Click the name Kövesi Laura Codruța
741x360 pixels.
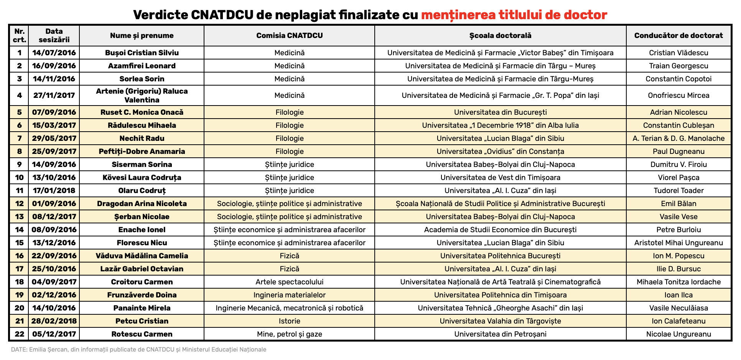coord(142,177)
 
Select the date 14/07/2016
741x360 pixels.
coord(54,53)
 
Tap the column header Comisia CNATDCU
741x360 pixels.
coord(289,36)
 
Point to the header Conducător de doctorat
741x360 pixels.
coord(678,36)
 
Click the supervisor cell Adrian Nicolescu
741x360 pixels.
coord(678,112)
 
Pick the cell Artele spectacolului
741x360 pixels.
coord(289,282)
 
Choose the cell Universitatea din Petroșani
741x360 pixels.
coord(500,334)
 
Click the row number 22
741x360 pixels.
coord(19,334)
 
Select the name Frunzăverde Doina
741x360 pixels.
coord(142,295)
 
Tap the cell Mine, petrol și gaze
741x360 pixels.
coord(289,334)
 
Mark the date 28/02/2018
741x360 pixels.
coord(54,321)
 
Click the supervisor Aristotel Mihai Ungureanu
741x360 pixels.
coord(678,243)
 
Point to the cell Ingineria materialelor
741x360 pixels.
coord(289,295)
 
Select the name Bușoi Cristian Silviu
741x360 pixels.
coord(142,53)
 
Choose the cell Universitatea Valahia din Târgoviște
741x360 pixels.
coord(500,321)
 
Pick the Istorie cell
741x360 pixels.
coord(289,321)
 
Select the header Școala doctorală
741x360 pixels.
coord(500,36)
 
